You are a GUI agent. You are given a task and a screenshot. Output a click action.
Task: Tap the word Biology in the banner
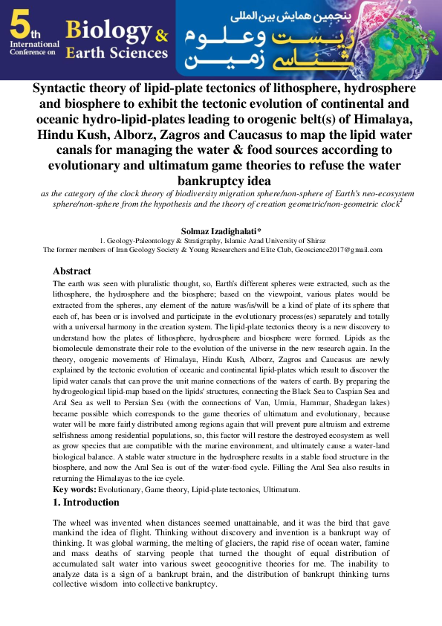(x=108, y=30)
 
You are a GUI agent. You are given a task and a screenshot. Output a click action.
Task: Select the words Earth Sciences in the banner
(x=116, y=53)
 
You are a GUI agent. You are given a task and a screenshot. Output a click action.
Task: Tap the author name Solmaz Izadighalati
(x=221, y=232)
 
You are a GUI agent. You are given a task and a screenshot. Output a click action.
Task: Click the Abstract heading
(x=72, y=271)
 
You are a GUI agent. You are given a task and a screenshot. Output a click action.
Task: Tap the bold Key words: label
(x=75, y=490)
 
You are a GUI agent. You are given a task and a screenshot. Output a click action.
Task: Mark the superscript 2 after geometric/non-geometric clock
(x=402, y=199)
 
